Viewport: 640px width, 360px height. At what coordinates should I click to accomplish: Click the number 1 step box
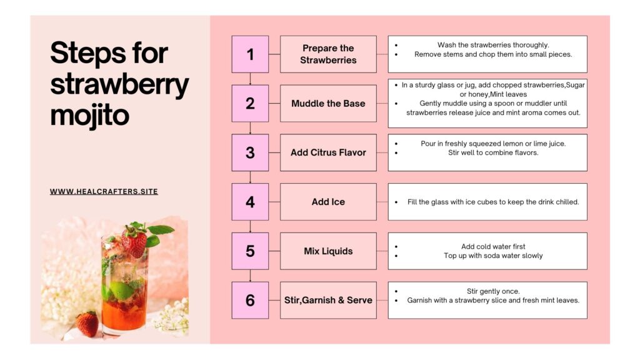(x=250, y=54)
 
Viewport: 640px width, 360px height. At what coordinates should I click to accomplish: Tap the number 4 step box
(x=250, y=202)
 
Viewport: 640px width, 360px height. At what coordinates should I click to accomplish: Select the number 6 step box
(x=250, y=300)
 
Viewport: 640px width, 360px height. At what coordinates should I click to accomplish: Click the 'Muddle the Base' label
(x=328, y=103)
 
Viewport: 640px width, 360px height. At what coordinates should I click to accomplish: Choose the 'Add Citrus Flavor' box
(x=328, y=152)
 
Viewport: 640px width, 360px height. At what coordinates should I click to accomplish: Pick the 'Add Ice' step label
(x=328, y=202)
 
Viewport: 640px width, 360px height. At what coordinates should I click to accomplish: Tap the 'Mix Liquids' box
(x=328, y=251)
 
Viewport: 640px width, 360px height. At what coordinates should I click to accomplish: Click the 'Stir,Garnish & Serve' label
(x=328, y=300)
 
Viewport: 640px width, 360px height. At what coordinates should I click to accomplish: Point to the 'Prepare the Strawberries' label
(x=328, y=54)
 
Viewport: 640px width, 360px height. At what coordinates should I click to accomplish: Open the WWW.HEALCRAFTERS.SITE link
(x=104, y=191)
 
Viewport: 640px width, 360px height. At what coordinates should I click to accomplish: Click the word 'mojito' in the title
(x=90, y=116)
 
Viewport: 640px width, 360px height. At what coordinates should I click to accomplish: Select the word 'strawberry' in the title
(x=119, y=85)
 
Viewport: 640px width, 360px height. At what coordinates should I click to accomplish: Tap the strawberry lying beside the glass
(x=87, y=324)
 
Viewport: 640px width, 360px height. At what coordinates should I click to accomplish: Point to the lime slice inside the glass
(x=121, y=290)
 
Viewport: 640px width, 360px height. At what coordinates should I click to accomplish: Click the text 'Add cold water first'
(x=493, y=246)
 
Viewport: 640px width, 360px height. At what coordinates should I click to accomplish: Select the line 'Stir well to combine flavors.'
(x=493, y=152)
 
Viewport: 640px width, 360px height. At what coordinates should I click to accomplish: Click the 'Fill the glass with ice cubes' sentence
(x=493, y=202)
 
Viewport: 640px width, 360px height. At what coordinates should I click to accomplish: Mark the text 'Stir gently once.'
(x=493, y=291)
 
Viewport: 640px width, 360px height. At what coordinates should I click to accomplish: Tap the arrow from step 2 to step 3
(x=250, y=127)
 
